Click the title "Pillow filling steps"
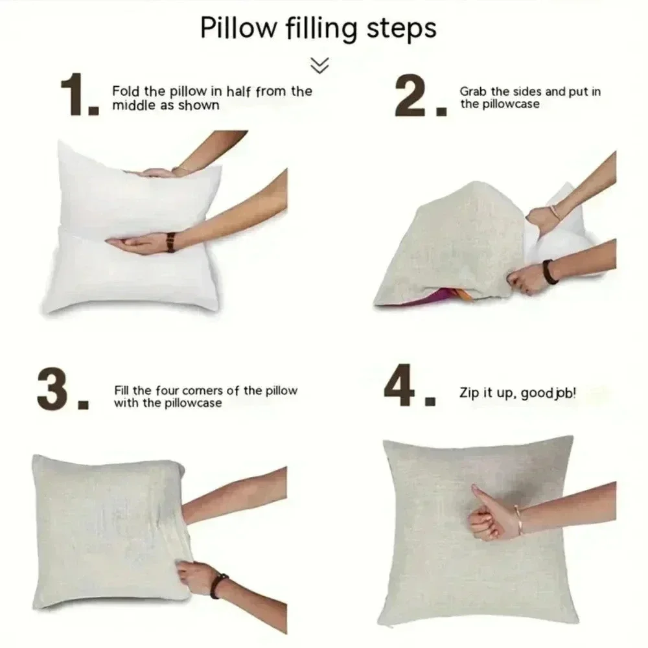coord(318,29)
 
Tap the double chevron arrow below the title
coord(319,65)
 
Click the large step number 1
coord(74,95)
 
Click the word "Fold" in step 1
coord(126,91)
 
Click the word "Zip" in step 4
coord(469,393)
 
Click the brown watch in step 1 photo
coord(170,242)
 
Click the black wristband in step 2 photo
coord(550,272)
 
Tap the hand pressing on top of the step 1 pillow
coord(156,173)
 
